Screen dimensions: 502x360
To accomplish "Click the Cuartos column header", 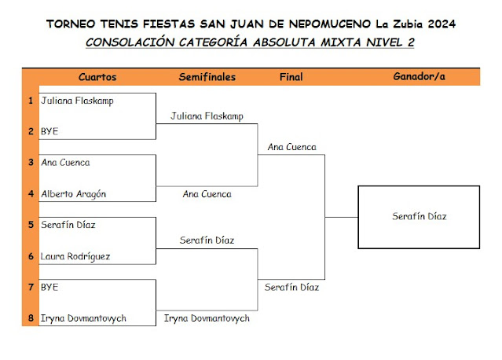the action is pyautogui.click(x=97, y=77).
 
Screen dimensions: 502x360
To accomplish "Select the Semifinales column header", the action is pyautogui.click(x=207, y=77).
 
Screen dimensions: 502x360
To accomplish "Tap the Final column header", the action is pyautogui.click(x=291, y=77).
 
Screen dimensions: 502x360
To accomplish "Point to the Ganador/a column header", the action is pyautogui.click(x=418, y=77).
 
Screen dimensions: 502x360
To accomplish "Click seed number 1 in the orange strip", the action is pyautogui.click(x=31, y=101).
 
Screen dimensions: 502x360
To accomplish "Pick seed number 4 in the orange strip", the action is pyautogui.click(x=31, y=194).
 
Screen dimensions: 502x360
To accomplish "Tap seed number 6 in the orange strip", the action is pyautogui.click(x=31, y=256).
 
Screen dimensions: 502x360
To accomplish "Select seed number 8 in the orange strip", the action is pyautogui.click(x=31, y=318).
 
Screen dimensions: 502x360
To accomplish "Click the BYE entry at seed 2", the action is pyautogui.click(x=49, y=131).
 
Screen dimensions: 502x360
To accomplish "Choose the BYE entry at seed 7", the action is pyautogui.click(x=49, y=288).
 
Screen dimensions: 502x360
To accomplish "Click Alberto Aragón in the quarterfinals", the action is pyautogui.click(x=73, y=194).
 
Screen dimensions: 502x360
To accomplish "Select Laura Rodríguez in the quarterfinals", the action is pyautogui.click(x=75, y=256).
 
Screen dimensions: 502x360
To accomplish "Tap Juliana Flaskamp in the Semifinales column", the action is pyautogui.click(x=207, y=116).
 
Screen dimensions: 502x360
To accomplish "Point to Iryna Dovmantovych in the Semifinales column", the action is pyautogui.click(x=207, y=318).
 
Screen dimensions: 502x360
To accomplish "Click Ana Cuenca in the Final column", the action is pyautogui.click(x=291, y=147).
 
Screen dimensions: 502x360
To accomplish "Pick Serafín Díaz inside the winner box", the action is pyautogui.click(x=419, y=216).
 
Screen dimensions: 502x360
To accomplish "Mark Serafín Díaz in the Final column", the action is pyautogui.click(x=291, y=288).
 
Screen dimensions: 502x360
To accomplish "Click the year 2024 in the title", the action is pyautogui.click(x=441, y=24).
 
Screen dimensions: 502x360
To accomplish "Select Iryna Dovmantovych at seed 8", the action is pyautogui.click(x=83, y=318).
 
